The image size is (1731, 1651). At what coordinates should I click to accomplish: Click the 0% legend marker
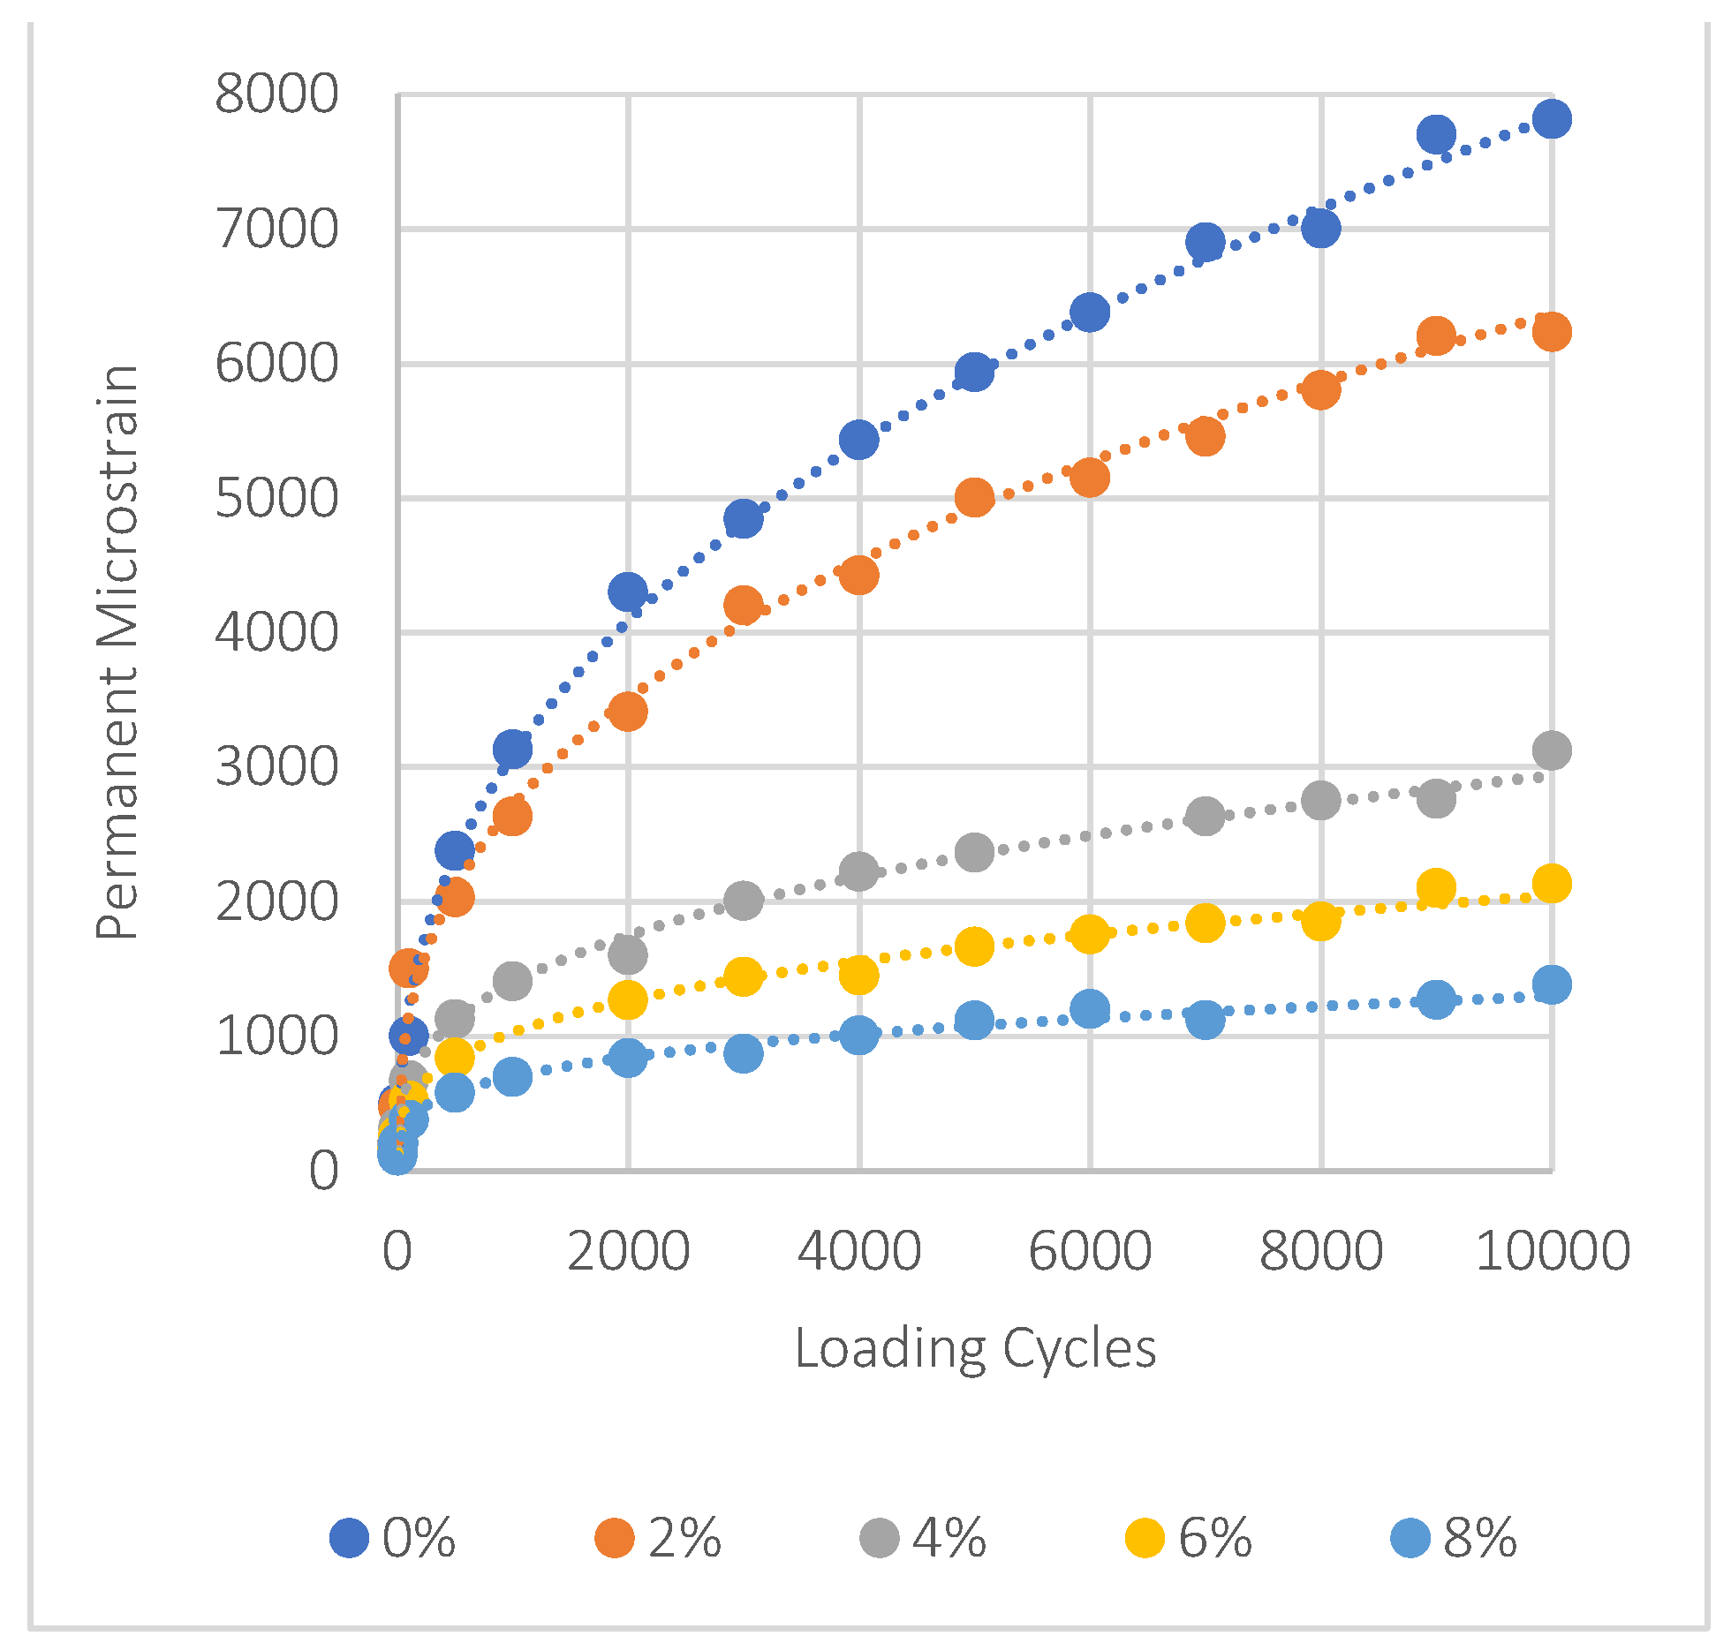(x=349, y=1538)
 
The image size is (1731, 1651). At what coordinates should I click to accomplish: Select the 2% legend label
(x=684, y=1538)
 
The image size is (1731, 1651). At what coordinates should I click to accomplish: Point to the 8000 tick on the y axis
(x=276, y=94)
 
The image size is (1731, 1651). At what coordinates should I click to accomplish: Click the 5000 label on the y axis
(x=276, y=499)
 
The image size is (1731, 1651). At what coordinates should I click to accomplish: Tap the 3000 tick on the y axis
(x=276, y=767)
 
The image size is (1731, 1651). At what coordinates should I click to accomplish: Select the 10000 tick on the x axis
(x=1552, y=1251)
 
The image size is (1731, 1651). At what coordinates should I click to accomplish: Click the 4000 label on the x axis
(x=859, y=1251)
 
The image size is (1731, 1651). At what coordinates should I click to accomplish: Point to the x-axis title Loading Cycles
(x=975, y=1348)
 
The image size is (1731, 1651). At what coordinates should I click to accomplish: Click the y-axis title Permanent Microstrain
(x=117, y=652)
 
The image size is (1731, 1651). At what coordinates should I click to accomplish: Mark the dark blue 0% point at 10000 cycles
(x=1552, y=118)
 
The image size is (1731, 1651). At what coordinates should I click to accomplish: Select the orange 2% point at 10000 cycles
(x=1552, y=331)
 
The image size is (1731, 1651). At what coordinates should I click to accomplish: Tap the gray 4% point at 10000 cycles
(x=1552, y=750)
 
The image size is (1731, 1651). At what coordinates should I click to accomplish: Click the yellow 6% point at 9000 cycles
(x=1436, y=887)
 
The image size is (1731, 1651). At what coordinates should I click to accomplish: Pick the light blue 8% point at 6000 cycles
(x=1090, y=1008)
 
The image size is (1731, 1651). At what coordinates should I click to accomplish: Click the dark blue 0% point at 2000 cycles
(x=628, y=592)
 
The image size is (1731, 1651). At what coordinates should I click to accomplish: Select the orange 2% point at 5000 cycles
(x=974, y=498)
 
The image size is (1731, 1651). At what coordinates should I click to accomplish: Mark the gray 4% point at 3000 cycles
(x=744, y=901)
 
